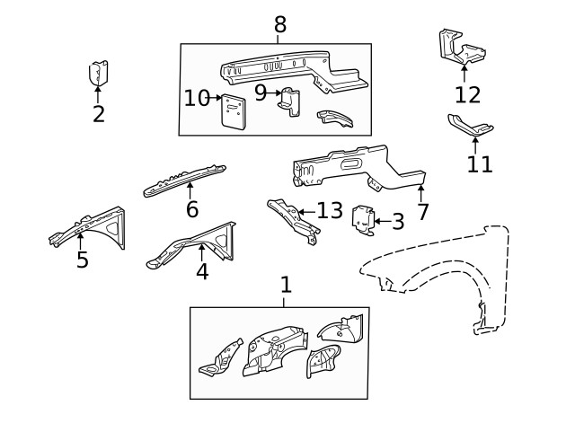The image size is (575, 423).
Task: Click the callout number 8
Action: pos(280,25)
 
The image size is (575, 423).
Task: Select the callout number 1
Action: pos(286,286)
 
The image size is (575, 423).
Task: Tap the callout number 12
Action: pos(467,94)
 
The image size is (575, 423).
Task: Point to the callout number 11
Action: pos(480,164)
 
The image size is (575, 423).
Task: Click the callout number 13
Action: pos(330,210)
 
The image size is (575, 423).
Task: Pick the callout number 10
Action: pos(197,98)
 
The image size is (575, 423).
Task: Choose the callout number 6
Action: pos(191,209)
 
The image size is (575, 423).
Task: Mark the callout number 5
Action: pos(82,260)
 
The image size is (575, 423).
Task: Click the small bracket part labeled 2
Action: pos(98,74)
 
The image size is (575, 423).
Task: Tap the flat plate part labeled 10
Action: pos(234,112)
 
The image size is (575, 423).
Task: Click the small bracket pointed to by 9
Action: pos(290,100)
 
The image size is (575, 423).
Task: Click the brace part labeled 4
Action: pos(193,246)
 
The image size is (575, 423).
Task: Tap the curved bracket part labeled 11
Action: pos(470,127)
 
